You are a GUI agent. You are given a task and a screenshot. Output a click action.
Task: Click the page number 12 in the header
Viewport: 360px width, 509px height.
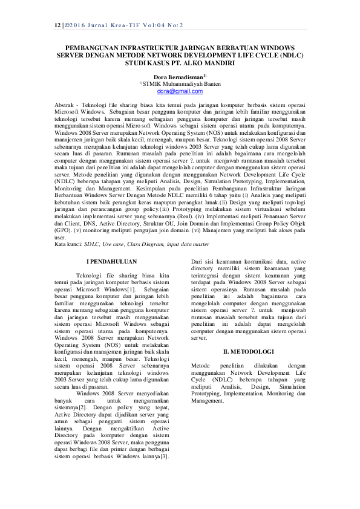[x=57, y=26]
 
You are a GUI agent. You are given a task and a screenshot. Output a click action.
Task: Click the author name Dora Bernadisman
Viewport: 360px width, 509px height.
[x=177, y=77]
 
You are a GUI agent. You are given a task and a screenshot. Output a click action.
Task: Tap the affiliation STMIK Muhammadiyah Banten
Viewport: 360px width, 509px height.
[x=180, y=84]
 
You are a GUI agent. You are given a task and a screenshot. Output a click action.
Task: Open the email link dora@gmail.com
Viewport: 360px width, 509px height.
[x=180, y=91]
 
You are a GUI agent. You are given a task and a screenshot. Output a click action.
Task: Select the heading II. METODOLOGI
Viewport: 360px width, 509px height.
[x=248, y=351]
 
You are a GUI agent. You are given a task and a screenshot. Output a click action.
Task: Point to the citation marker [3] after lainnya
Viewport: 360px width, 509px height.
[x=163, y=456]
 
